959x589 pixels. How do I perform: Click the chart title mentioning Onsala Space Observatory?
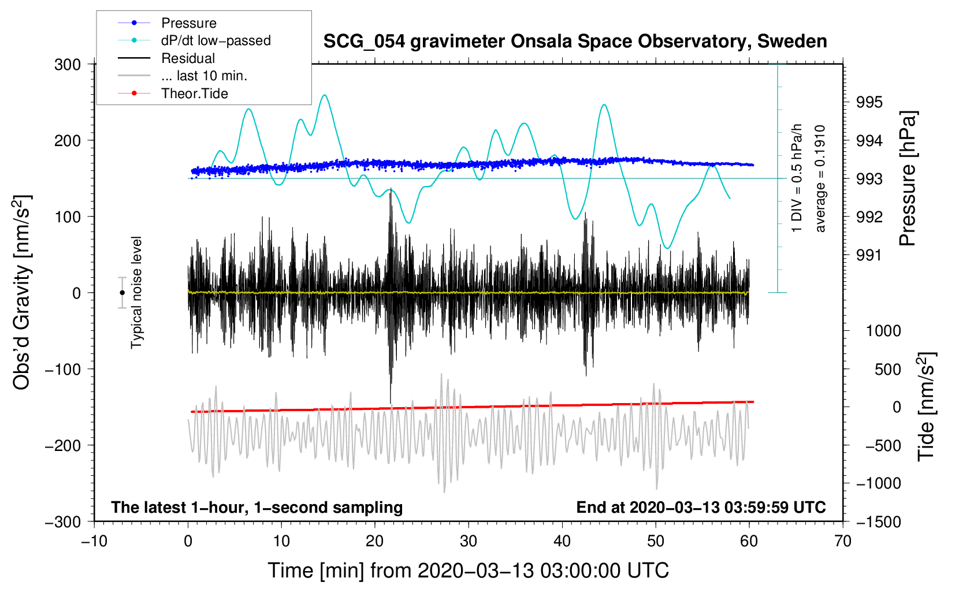pos(575,42)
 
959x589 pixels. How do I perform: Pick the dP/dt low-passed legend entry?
pos(215,40)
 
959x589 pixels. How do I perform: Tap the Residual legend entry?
pos(188,58)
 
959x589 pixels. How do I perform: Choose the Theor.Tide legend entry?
pos(194,94)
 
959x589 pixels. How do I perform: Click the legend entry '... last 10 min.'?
pos(204,76)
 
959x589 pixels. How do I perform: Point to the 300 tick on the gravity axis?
pos(68,65)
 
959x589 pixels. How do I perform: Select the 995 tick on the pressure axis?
pos(869,102)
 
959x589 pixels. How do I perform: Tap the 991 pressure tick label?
pos(869,255)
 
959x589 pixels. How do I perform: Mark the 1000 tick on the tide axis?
pos(883,331)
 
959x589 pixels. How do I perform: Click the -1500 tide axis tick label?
pos(879,521)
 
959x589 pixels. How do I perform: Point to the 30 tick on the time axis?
pos(469,541)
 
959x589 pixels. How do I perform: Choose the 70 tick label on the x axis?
pos(843,541)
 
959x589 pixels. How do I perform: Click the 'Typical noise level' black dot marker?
pos(122,293)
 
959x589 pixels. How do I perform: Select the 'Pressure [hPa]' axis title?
pos(908,178)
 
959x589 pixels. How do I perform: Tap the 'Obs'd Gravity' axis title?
pos(22,293)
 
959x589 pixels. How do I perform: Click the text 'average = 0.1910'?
pos(820,178)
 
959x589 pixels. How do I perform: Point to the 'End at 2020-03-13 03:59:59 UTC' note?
pos(701,508)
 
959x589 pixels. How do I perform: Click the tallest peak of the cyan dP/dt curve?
pos(325,95)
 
